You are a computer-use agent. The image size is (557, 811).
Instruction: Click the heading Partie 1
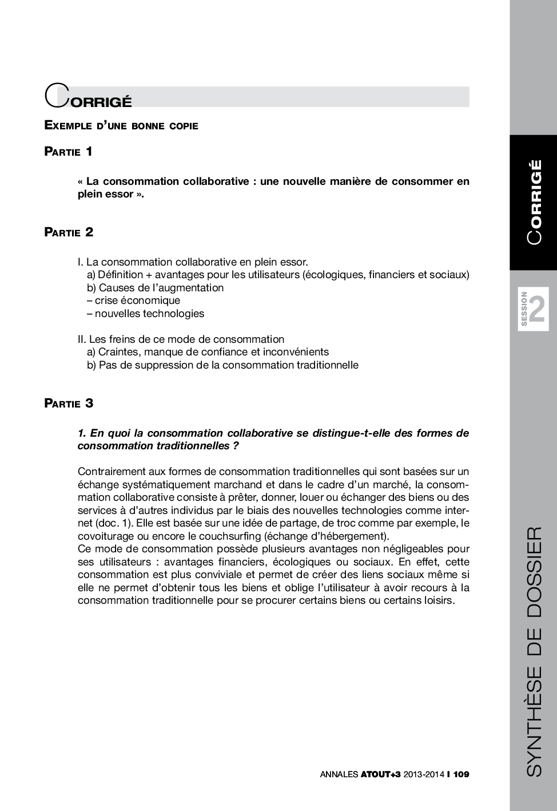coord(69,152)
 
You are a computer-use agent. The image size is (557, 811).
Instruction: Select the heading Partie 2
coord(69,232)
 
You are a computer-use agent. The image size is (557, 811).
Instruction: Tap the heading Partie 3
coord(69,403)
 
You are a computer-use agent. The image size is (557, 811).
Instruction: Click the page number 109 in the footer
coord(461,774)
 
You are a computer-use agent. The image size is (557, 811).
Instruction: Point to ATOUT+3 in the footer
coord(381,774)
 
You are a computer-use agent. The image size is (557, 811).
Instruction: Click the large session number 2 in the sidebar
coord(537,310)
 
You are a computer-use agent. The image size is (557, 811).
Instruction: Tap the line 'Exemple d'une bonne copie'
coord(121,125)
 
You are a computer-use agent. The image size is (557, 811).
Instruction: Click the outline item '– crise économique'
coord(133,300)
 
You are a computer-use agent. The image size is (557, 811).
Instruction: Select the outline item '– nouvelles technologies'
coord(145,314)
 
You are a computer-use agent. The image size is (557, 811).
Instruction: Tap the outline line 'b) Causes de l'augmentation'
coord(155,288)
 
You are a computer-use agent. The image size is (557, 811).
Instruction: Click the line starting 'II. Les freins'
coord(181,339)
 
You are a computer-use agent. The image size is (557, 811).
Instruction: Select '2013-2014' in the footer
coord(424,774)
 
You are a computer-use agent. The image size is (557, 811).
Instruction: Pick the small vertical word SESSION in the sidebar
coord(524,309)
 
